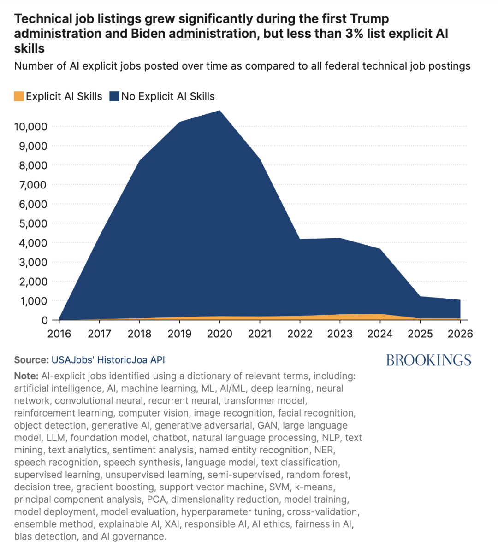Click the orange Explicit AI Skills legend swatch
(x=19, y=96)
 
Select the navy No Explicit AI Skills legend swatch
(x=114, y=96)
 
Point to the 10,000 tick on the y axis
(x=30, y=127)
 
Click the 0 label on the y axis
(x=44, y=320)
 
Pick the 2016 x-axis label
(x=59, y=334)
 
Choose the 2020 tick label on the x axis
(x=219, y=334)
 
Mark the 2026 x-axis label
(x=460, y=334)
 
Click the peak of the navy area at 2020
(x=220, y=111)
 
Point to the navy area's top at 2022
(x=300, y=239)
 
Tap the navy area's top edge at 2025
(x=420, y=296)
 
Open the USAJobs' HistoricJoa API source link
(x=108, y=360)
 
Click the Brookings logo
(x=429, y=360)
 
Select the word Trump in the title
(x=370, y=18)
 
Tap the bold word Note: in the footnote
(x=26, y=376)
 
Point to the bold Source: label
(x=31, y=360)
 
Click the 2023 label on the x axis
(x=340, y=334)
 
